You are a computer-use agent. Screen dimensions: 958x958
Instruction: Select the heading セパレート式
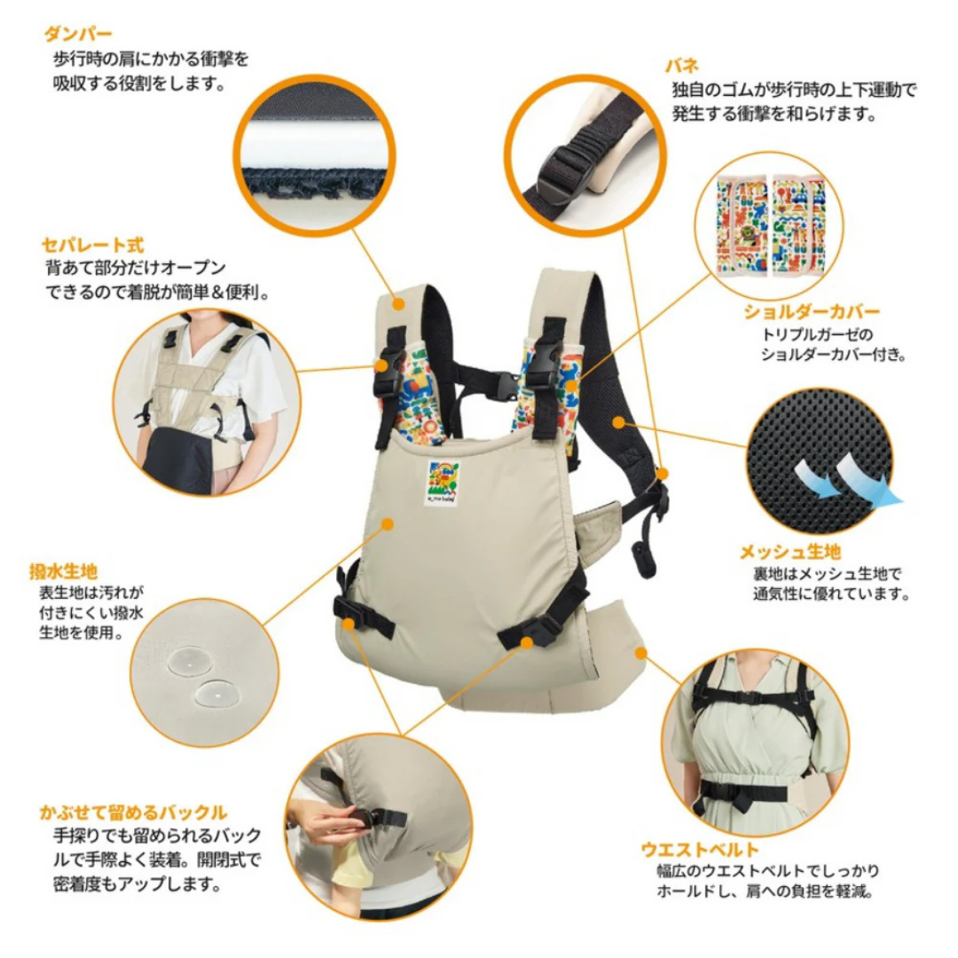click(92, 244)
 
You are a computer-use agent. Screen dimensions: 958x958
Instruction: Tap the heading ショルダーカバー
click(811, 312)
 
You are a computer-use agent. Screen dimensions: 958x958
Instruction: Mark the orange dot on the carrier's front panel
click(388, 524)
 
